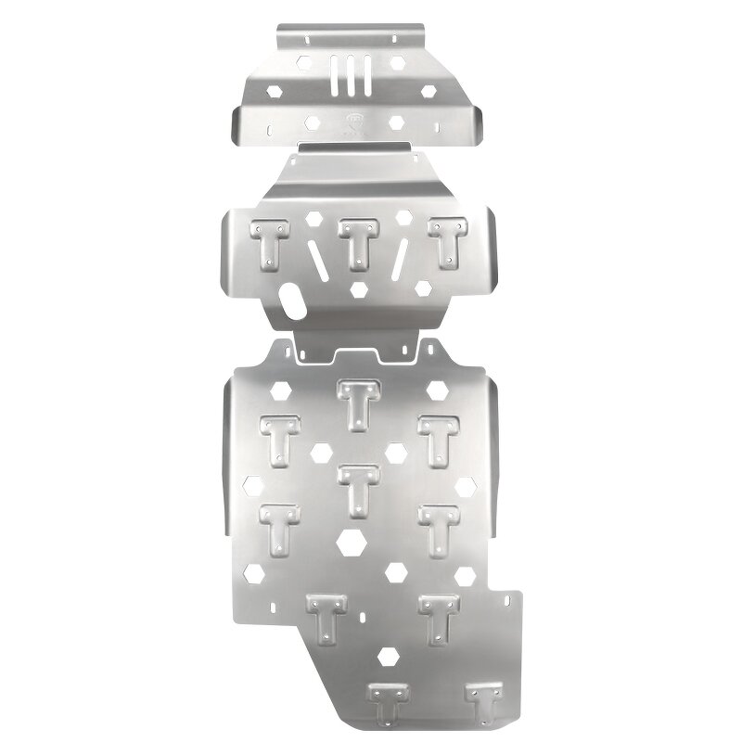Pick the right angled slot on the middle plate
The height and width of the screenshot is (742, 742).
click(400, 256)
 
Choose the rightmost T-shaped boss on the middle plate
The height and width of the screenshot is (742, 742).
click(447, 241)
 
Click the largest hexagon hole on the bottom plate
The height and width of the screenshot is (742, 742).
click(352, 542)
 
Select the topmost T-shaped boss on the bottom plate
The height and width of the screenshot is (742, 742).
click(357, 401)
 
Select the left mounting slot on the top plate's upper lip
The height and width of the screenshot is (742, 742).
click(307, 38)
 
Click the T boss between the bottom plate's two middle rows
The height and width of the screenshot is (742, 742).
click(357, 487)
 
